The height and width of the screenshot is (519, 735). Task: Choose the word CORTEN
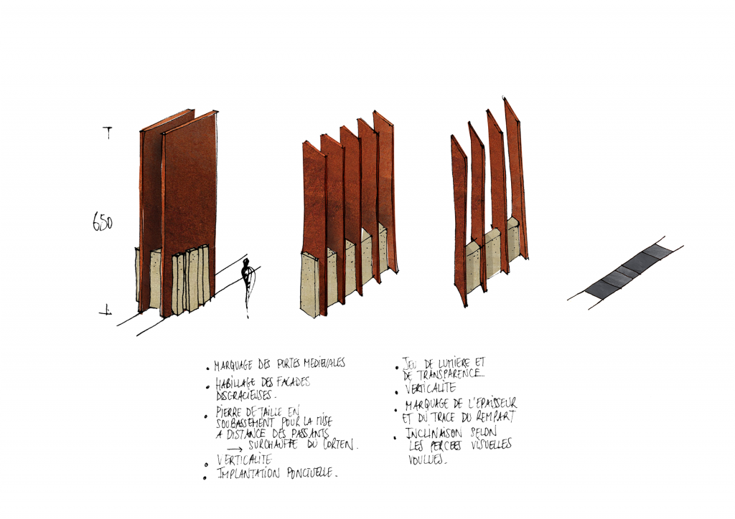click(340, 445)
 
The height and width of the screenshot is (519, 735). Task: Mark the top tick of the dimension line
click(108, 131)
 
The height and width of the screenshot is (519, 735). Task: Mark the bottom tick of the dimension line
click(106, 310)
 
